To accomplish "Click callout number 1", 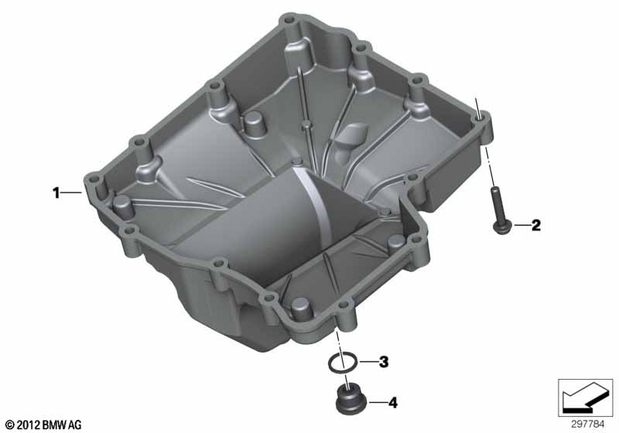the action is [x=56, y=193].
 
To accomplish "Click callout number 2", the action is [x=535, y=225].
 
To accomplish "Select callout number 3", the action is [x=384, y=362].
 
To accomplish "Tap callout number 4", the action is [x=392, y=403].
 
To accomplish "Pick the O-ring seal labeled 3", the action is [x=343, y=363].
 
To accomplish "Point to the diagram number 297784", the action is [x=587, y=424].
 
